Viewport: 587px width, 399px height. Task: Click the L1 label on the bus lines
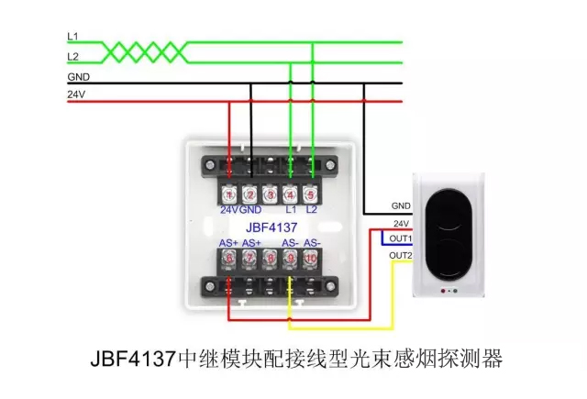click(x=73, y=36)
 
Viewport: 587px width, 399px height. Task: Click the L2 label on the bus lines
click(x=73, y=57)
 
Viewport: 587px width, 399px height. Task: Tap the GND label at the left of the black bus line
click(x=78, y=77)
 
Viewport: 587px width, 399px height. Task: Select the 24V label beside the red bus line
click(x=75, y=94)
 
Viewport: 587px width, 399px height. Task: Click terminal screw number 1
click(x=229, y=194)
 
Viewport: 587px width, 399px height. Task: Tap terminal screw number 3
click(x=270, y=194)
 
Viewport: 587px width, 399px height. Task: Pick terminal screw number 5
click(x=311, y=194)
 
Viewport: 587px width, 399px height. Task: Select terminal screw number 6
click(x=229, y=259)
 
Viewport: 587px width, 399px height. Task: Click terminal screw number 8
click(x=270, y=259)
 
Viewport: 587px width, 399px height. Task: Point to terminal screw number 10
click(x=311, y=259)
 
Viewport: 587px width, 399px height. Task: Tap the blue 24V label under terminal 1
click(x=228, y=210)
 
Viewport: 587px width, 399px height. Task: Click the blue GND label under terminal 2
click(x=250, y=210)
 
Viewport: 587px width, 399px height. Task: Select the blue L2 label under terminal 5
click(x=311, y=210)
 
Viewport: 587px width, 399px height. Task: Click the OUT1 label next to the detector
click(x=401, y=238)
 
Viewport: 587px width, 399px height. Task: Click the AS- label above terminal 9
click(x=290, y=243)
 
